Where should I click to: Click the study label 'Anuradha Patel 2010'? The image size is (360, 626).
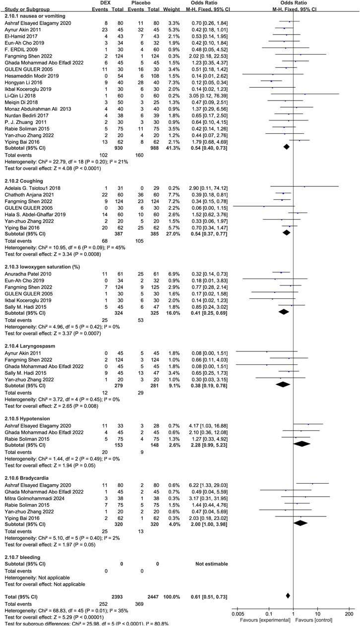(25, 272)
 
